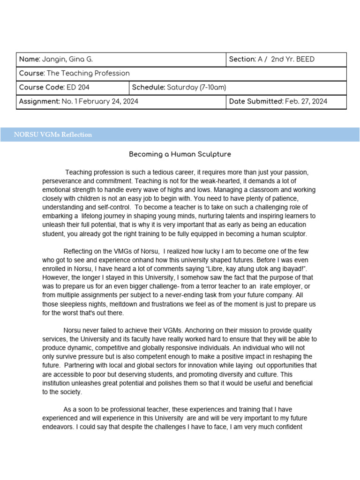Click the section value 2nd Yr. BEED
tap(293, 60)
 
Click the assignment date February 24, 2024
tap(110, 102)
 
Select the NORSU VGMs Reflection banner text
tap(53, 135)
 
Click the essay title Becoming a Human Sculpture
tap(180, 154)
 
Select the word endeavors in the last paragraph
tap(59, 427)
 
